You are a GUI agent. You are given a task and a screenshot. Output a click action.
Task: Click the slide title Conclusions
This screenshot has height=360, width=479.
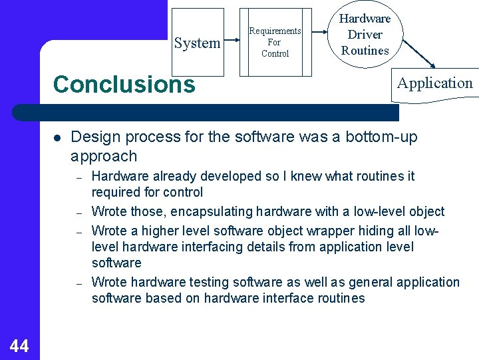(124, 85)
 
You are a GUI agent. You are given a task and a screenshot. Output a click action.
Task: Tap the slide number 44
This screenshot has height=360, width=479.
(19, 345)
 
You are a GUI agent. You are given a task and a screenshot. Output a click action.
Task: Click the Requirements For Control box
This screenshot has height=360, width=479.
(275, 43)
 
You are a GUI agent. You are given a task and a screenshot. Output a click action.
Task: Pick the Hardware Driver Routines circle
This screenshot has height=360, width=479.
(365, 35)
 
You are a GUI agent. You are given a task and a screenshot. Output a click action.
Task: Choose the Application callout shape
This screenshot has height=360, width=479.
(434, 84)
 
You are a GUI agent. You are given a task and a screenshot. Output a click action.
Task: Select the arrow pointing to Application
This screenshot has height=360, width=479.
(418, 53)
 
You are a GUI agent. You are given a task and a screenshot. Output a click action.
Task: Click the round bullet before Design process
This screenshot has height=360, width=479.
(58, 138)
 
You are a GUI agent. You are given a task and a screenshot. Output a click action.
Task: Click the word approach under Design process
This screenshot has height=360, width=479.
(104, 157)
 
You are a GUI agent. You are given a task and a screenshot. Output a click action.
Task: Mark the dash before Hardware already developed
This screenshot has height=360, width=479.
(78, 177)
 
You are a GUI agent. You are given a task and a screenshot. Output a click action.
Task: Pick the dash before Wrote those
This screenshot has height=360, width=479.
(78, 213)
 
